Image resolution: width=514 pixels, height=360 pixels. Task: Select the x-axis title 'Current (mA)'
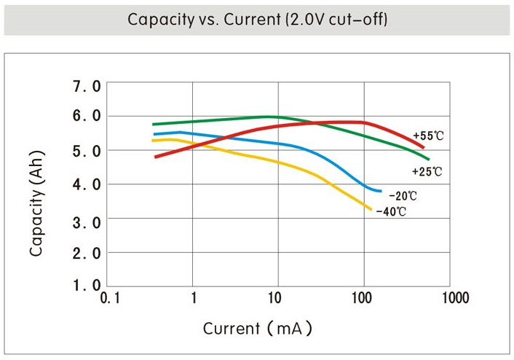(x=258, y=329)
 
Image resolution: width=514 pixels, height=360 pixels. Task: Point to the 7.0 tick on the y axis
(x=87, y=87)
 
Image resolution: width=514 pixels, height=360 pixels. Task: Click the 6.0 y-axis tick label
(x=87, y=116)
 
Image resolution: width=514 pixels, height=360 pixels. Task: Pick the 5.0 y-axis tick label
(x=87, y=150)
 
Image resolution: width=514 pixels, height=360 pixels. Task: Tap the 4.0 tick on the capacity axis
(x=87, y=184)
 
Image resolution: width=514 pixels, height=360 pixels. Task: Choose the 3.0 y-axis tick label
(x=87, y=219)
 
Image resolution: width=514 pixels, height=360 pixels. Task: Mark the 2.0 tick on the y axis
(x=87, y=253)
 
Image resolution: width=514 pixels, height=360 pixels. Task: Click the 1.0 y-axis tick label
(x=87, y=285)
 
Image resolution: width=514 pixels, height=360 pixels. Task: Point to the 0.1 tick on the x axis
(x=110, y=298)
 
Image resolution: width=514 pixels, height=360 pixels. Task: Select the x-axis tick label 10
(x=274, y=298)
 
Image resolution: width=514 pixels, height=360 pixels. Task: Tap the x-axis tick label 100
(x=362, y=298)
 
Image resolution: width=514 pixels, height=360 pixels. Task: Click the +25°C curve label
(x=427, y=172)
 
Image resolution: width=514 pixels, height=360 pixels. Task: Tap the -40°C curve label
(x=390, y=211)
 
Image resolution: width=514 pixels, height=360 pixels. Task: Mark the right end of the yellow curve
(x=371, y=209)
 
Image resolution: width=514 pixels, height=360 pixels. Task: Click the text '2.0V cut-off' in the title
(x=339, y=19)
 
